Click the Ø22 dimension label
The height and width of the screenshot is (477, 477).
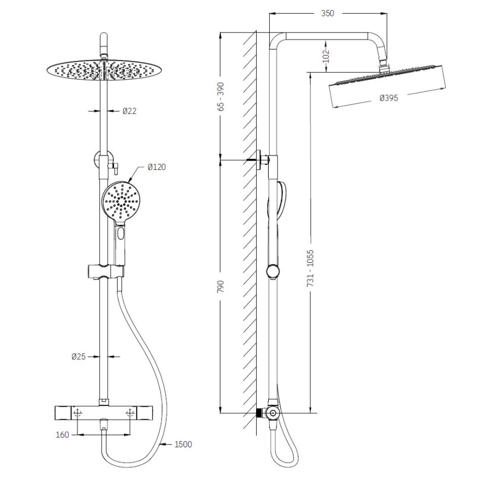[x=130, y=111]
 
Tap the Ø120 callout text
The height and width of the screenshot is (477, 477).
[x=157, y=167]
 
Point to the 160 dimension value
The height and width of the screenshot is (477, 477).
[x=63, y=435]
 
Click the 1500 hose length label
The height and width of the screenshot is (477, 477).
[x=183, y=444]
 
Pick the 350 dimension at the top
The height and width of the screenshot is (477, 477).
[x=328, y=13]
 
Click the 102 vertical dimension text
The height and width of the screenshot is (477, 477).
[x=325, y=56]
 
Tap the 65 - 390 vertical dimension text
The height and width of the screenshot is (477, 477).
[x=221, y=98]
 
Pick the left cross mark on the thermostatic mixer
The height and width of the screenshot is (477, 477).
[x=77, y=413]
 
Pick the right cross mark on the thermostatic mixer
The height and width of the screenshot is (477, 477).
[x=130, y=413]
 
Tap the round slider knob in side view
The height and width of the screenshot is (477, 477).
[x=271, y=271]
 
